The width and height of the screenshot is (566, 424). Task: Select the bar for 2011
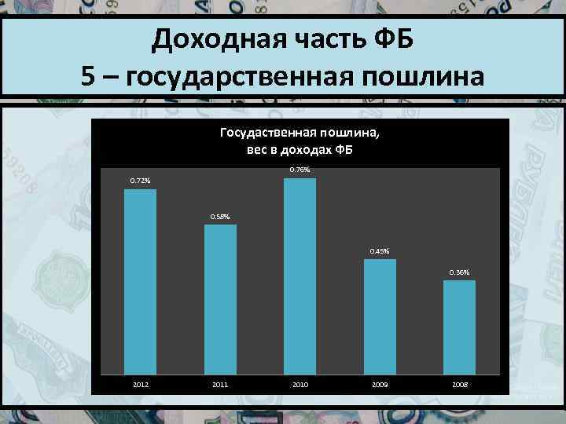click(x=220, y=298)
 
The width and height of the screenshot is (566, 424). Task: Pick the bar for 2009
click(x=380, y=316)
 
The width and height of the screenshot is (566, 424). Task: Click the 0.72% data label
click(x=140, y=181)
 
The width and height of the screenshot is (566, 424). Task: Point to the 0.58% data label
click(x=220, y=217)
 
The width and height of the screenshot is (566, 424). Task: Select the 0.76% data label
click(x=300, y=170)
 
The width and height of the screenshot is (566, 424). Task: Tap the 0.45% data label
click(x=380, y=251)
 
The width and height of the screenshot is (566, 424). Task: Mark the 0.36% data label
click(x=459, y=272)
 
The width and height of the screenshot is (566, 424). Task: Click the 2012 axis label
click(x=140, y=385)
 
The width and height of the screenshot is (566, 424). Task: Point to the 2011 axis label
click(x=220, y=385)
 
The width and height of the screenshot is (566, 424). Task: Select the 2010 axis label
click(x=300, y=385)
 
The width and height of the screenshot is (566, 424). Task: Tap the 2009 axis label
click(x=380, y=385)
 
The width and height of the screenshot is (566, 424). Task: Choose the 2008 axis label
click(x=459, y=385)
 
